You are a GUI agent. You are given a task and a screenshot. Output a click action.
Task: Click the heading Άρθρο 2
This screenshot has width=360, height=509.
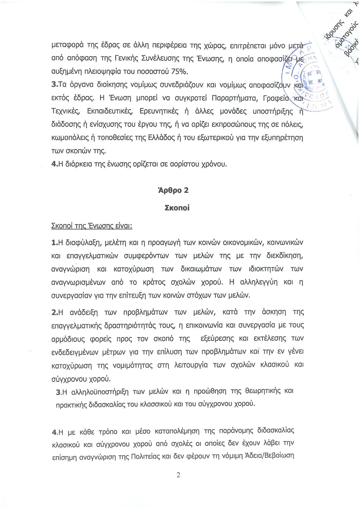click(173, 190)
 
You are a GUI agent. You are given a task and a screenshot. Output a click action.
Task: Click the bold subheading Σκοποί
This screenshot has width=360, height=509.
click(177, 208)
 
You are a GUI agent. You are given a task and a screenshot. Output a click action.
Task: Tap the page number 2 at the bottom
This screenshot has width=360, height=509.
click(178, 475)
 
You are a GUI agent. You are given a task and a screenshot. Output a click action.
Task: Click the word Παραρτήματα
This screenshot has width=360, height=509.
click(235, 98)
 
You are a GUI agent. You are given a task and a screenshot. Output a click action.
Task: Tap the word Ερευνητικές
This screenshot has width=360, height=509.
click(159, 111)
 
